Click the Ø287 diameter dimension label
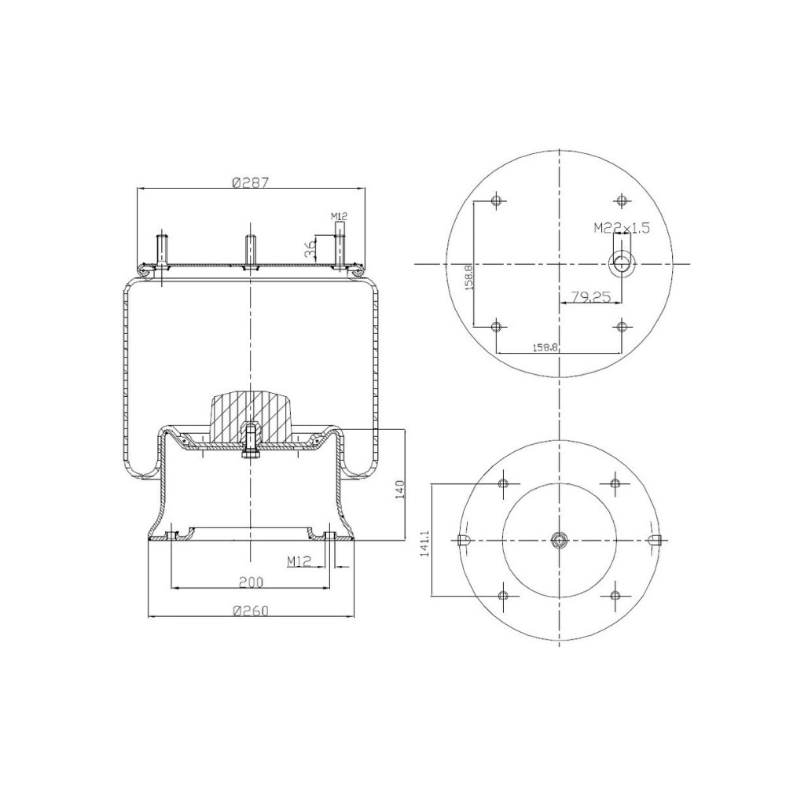[251, 182]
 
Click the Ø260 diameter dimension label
[251, 611]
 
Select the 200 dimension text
[251, 582]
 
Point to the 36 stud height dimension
[310, 249]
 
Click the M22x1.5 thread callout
[621, 228]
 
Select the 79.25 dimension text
[591, 297]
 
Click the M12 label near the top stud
[339, 215]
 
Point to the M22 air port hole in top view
[623, 263]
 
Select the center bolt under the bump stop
[250, 445]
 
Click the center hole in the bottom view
[558, 539]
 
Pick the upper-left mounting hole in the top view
[495, 200]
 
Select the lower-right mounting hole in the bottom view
[614, 595]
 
